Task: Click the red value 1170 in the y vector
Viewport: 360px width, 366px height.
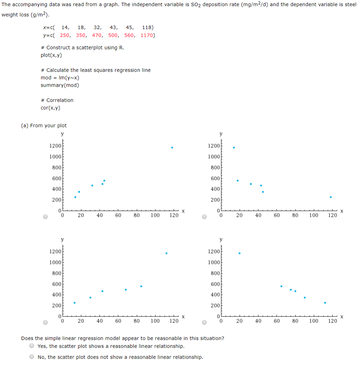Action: pos(147,35)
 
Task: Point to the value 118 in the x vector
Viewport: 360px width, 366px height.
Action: pos(147,28)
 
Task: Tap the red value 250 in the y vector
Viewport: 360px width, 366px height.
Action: pos(65,35)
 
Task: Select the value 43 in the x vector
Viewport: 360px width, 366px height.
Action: pos(113,28)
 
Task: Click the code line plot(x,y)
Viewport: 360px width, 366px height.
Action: pos(51,55)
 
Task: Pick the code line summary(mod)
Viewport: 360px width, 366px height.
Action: pos(60,85)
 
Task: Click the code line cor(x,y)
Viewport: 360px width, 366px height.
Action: pos(50,108)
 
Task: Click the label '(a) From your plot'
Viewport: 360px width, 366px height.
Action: pos(44,125)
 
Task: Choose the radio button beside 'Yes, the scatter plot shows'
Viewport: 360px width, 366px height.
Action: pos(32,346)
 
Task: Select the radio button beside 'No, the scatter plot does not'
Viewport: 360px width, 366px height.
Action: pos(32,357)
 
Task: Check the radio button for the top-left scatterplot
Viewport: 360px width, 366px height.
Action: pos(45,217)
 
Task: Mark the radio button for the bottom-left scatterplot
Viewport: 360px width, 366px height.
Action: pos(45,322)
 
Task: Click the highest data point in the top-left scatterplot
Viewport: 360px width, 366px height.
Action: pos(172,148)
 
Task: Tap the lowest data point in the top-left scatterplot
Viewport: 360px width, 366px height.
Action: pos(75,197)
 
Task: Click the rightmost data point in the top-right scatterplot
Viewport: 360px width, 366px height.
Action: pos(331,197)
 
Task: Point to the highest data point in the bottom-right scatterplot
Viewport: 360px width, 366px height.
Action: pos(239,253)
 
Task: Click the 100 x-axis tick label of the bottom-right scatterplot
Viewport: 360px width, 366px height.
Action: pos(314,321)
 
